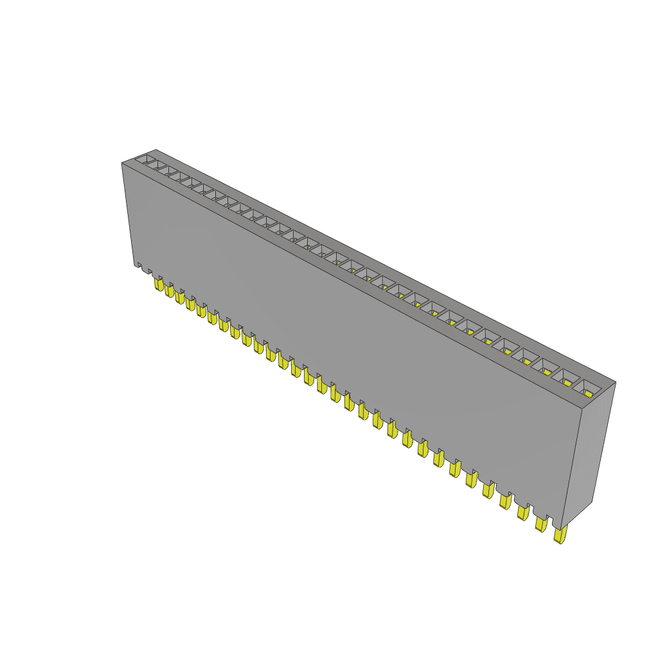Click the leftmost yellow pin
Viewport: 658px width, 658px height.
159,283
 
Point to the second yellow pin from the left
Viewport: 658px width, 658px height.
170,290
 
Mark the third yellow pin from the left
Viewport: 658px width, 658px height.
180,297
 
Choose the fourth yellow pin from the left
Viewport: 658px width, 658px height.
191,303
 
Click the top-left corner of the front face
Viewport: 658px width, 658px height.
122,163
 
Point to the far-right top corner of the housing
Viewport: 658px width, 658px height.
615,383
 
